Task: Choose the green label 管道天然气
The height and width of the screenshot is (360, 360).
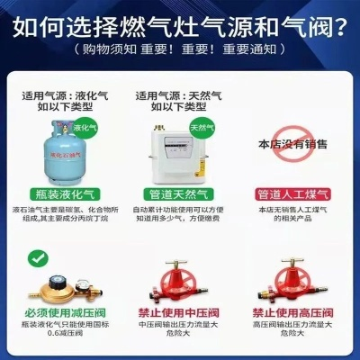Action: click(176, 193)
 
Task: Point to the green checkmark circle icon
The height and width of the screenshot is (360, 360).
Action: click(37, 257)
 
